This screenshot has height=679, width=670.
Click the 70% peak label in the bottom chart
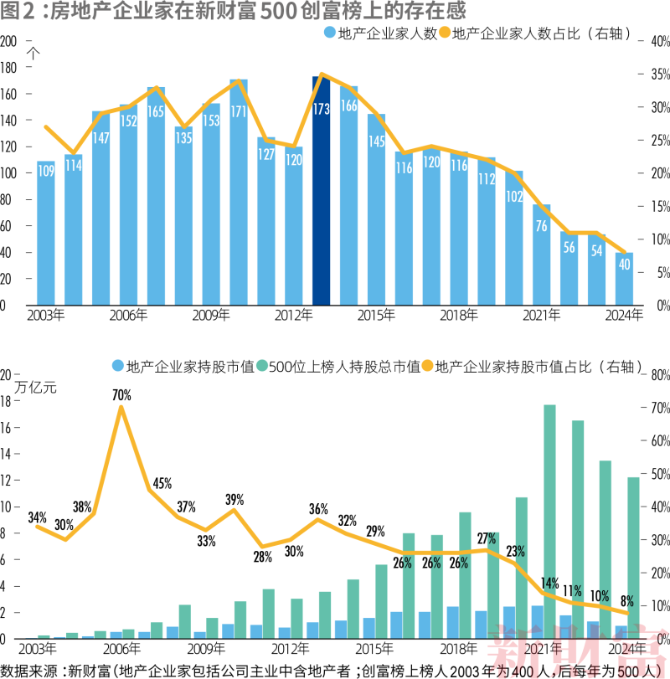click(x=121, y=394)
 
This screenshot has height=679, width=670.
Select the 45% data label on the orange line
click(x=162, y=483)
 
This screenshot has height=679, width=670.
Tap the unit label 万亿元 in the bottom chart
click(x=37, y=387)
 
